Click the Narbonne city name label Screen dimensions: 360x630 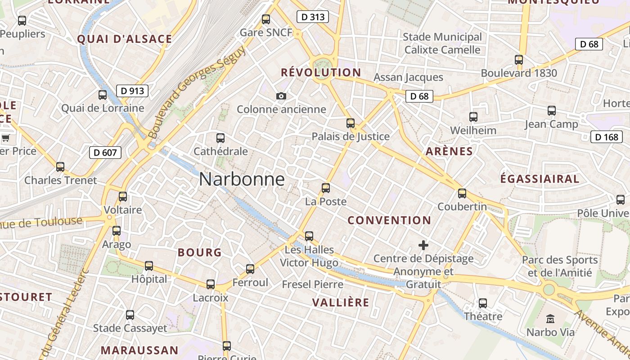click(x=242, y=180)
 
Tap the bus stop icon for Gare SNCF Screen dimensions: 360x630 click(x=266, y=19)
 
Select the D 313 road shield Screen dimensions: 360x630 click(x=312, y=17)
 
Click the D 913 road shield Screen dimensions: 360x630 click(x=132, y=91)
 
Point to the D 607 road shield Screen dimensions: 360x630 click(x=105, y=153)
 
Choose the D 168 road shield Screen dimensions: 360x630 click(x=606, y=137)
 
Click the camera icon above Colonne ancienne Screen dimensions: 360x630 click(x=281, y=96)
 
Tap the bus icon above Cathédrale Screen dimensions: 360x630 click(x=220, y=138)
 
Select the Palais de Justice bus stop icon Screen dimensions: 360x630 click(x=351, y=123)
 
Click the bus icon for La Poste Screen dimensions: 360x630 click(x=326, y=188)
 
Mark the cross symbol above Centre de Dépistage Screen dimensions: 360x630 click(x=423, y=245)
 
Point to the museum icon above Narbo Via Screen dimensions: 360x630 click(x=550, y=319)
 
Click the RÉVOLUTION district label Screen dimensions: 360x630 click(x=321, y=72)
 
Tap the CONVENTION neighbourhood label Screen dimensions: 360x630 click(x=389, y=220)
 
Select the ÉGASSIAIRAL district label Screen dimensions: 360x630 click(x=540, y=179)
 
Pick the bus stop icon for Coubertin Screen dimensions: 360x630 click(x=462, y=193)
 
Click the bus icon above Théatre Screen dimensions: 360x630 click(x=483, y=303)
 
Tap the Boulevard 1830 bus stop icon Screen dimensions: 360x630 click(x=519, y=59)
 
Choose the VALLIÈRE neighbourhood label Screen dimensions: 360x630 click(x=341, y=302)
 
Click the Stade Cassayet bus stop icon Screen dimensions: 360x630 click(x=130, y=315)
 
